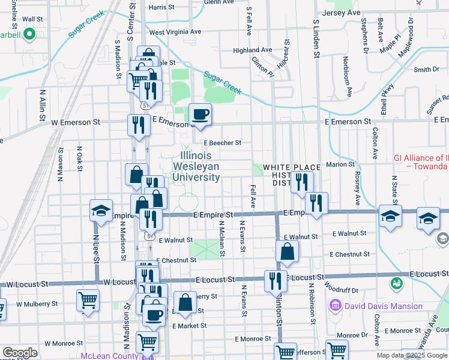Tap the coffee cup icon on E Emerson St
200,113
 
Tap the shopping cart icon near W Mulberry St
88,299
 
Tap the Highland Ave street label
253,50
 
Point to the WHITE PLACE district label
292,167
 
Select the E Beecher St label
222,143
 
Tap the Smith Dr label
427,70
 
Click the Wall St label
32,19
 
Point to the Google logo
20,352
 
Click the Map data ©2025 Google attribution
412,355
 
